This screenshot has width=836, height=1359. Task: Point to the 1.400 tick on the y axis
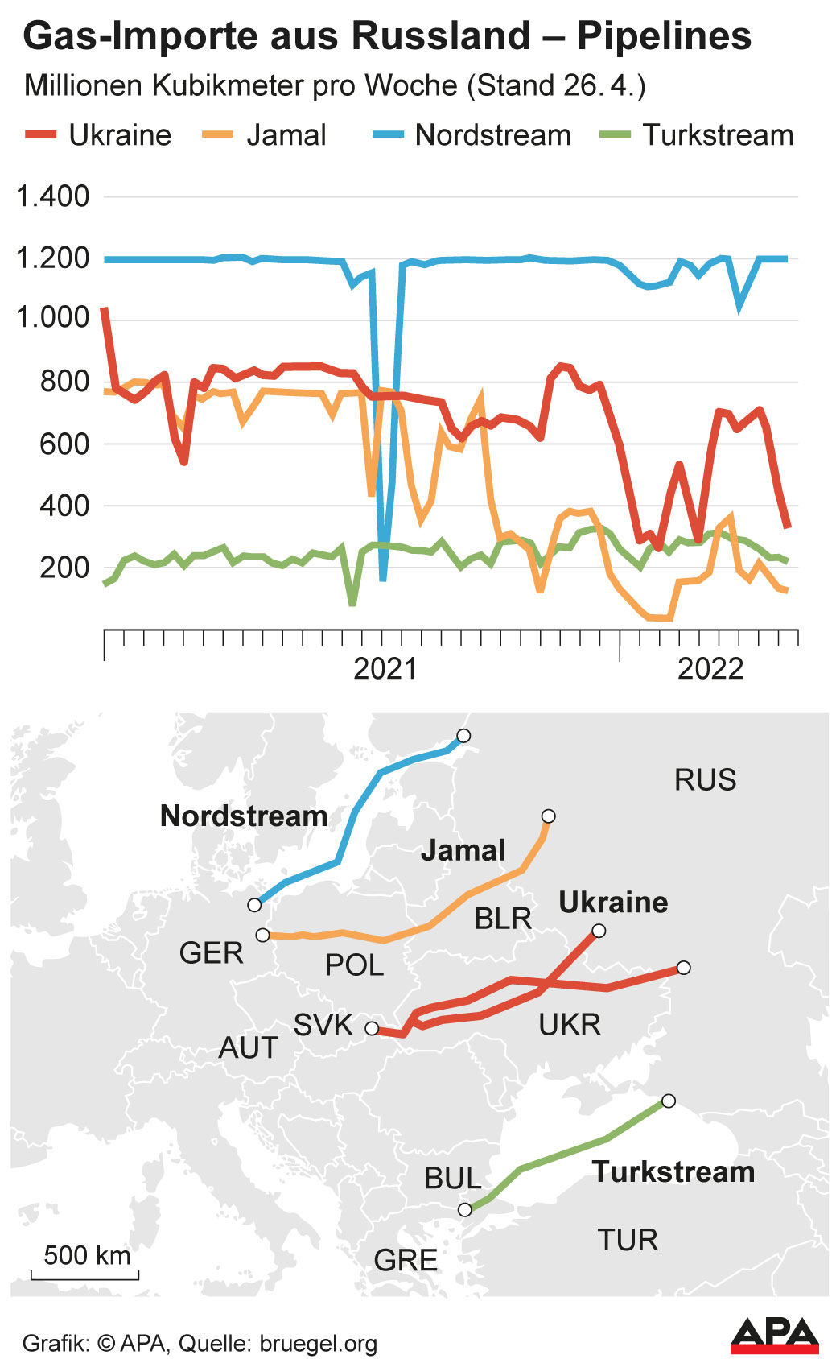coord(54,196)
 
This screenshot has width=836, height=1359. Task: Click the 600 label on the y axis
coord(64,444)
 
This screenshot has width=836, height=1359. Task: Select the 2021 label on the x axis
coord(385,668)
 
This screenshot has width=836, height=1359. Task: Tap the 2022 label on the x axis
coord(710,668)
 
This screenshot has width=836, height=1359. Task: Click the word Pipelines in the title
coord(664,36)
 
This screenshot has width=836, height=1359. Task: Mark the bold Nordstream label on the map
coord(244,816)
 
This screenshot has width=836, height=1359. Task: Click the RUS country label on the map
coord(705,779)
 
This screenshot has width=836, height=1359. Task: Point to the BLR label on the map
coord(503,919)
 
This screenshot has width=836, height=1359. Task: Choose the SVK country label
coord(323,1025)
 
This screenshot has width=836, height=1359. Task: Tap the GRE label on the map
coord(406,1260)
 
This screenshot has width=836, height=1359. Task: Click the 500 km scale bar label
coord(87,1255)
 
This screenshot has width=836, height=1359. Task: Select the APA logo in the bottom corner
coord(774,1335)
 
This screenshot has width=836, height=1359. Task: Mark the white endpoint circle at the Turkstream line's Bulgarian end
coord(464,1210)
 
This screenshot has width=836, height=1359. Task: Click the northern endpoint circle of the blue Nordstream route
coord(463,736)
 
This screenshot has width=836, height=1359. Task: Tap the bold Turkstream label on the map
coord(673,1171)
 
